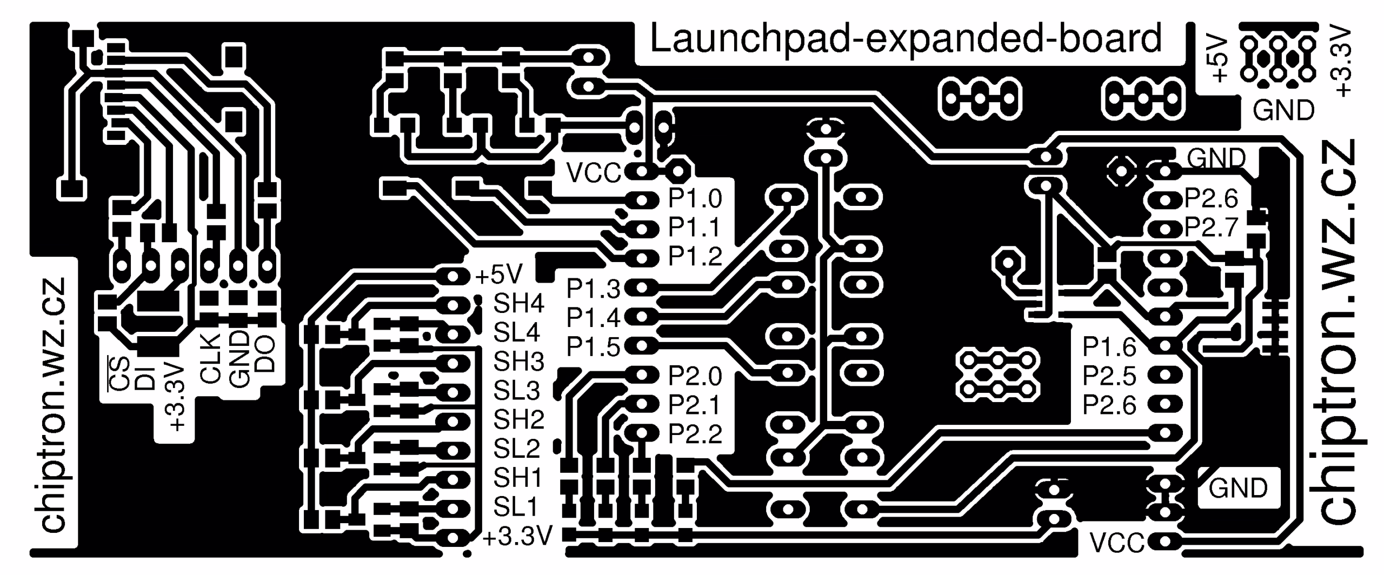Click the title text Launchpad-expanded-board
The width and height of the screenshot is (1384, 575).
(906, 39)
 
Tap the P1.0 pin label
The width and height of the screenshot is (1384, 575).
(695, 199)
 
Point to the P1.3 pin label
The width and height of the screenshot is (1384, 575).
(593, 289)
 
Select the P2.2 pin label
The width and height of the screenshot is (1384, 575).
(695, 433)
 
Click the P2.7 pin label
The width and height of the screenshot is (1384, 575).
(1211, 228)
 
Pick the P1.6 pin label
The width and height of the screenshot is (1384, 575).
(1109, 347)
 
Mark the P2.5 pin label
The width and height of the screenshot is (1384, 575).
(1109, 376)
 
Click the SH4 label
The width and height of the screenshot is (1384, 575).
(518, 304)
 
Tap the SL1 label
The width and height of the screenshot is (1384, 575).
(516, 507)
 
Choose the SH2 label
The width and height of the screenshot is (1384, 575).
(518, 419)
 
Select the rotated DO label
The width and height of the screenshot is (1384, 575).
(265, 354)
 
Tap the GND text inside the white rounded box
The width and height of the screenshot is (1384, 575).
(1238, 489)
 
